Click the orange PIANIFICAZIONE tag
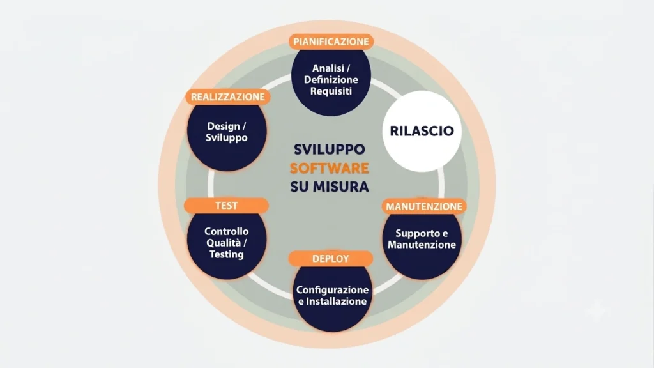[331, 42]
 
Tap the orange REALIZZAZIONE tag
[228, 97]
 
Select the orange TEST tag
[226, 206]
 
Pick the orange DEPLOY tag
[330, 259]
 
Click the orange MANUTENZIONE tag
[424, 206]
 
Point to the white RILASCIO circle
[422, 131]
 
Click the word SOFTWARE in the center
[330, 168]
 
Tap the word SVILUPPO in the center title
[330, 149]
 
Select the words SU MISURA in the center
[330, 187]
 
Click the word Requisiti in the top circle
[331, 91]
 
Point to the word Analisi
[328, 68]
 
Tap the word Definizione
[331, 80]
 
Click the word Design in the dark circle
[223, 126]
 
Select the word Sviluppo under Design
[227, 138]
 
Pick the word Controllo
[227, 231]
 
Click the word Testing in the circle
[227, 254]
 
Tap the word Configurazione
[332, 290]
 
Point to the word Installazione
[336, 302]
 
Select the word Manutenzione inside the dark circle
[422, 245]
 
